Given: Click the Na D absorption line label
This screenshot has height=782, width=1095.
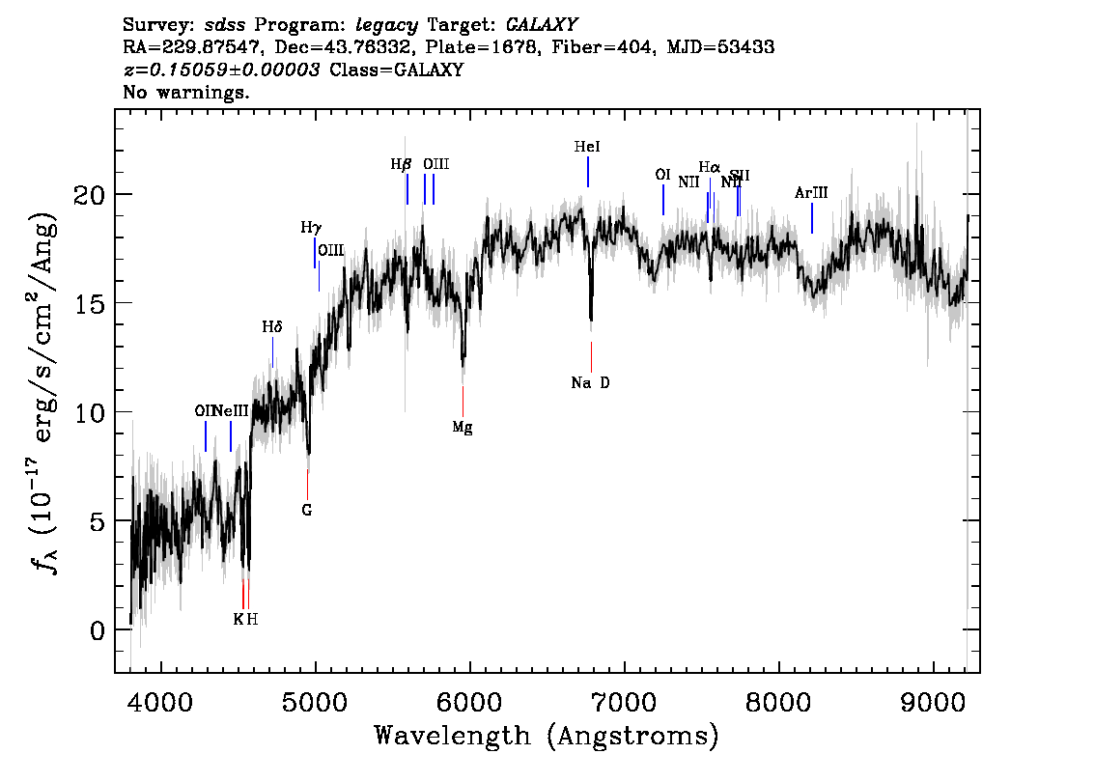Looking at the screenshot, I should pos(590,383).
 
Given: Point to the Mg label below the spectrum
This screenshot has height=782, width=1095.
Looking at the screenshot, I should pos(463,428).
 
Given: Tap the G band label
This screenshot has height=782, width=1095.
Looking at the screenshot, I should pos(307,510).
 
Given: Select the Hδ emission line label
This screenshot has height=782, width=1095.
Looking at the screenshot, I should pos(272,327).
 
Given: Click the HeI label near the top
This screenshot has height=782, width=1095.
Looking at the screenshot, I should pos(587,147).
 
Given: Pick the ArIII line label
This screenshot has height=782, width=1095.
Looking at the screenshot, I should pos(811,193).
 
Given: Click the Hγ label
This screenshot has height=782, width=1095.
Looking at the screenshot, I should pos(311,228).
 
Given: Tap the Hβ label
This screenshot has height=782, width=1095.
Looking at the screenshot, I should pos(401,164).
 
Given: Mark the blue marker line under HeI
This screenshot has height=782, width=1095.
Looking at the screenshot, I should pos(587,172).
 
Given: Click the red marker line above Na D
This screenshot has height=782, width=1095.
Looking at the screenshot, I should pos(591,356).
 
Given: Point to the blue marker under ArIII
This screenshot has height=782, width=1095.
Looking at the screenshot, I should pos(812,218).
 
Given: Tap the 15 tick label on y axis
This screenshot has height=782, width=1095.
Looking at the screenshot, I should pos(89,303).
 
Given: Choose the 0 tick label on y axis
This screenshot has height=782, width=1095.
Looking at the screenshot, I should pos(95,630).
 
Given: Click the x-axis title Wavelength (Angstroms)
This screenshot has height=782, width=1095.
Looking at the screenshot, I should pos(547,737).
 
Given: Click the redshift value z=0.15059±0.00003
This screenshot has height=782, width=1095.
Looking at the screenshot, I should pos(222,70).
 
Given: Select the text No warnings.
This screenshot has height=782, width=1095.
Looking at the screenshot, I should pos(186,93).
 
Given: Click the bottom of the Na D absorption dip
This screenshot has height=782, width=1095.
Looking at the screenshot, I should pos(591,319).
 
